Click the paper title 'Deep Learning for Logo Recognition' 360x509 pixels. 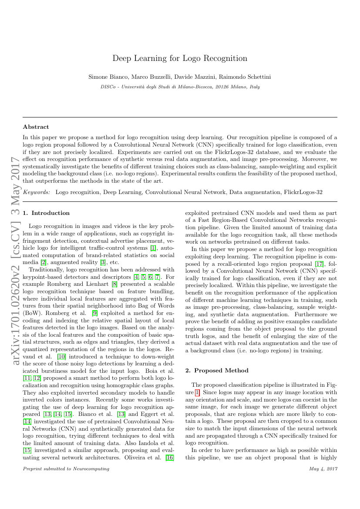[x=180, y=58]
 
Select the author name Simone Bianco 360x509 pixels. [x=106, y=77]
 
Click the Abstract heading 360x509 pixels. [x=36, y=127]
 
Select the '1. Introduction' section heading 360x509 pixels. [x=46, y=213]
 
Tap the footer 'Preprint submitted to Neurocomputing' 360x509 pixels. [x=66, y=469]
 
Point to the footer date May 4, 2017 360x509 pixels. [x=323, y=469]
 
